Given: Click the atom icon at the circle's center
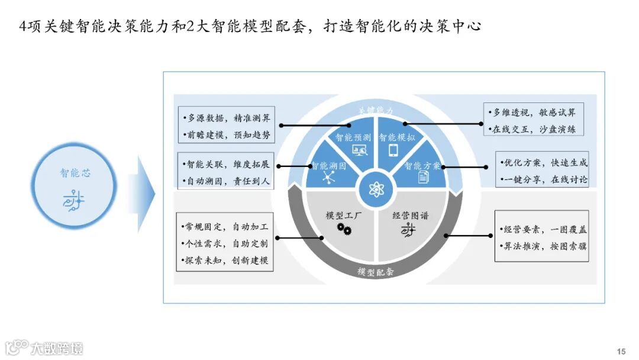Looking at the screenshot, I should pos(377,189).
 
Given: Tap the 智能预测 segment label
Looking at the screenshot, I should pos(353,137).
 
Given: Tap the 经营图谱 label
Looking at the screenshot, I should pos(410,216).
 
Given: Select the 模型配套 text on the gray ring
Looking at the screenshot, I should pos(376,272).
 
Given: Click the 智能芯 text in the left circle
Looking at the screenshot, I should pos(76,173).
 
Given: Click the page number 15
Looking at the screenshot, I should pos(621,351).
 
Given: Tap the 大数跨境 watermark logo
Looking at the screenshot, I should pos(44,348).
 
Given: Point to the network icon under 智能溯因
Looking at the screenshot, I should pos(327,178).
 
